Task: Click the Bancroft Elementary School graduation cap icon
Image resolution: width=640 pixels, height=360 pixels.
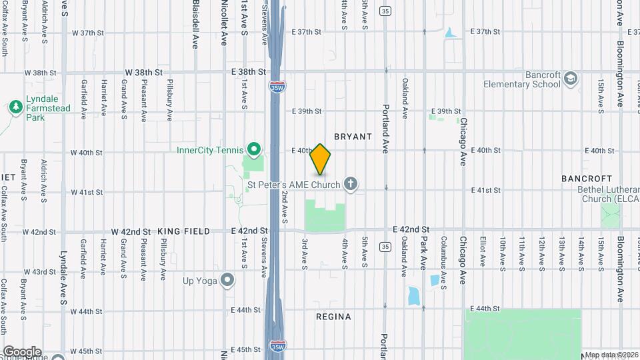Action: click(x=570, y=79)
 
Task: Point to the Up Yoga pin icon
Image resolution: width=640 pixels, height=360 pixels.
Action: click(x=228, y=280)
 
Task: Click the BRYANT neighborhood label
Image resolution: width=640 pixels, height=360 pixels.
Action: click(x=353, y=137)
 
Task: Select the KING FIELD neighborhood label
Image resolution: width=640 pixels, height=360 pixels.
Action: click(x=184, y=231)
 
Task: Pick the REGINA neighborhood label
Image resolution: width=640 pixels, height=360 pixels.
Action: click(x=333, y=317)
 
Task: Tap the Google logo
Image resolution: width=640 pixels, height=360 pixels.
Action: click(x=21, y=351)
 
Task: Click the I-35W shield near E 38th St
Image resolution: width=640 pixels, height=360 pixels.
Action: click(x=275, y=86)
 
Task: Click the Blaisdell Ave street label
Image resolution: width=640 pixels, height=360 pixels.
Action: click(x=196, y=23)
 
